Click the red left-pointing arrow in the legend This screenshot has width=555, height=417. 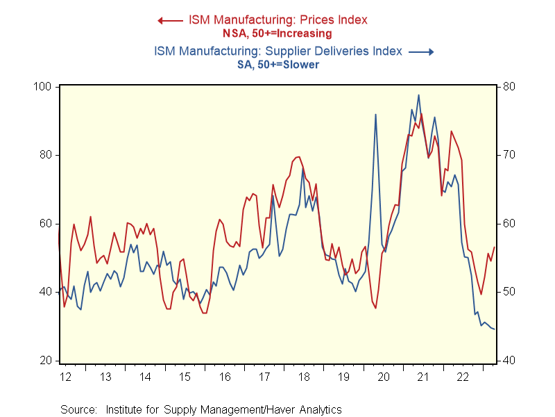pyautogui.click(x=170, y=21)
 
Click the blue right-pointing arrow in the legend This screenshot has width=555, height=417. pyautogui.click(x=421, y=52)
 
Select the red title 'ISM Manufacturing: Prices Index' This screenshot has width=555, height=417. pyautogui.click(x=278, y=20)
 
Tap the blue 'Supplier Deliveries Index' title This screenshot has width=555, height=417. pyautogui.click(x=278, y=51)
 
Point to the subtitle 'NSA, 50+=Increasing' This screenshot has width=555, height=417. pyautogui.click(x=277, y=33)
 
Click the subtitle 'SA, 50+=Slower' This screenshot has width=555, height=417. pyautogui.click(x=278, y=65)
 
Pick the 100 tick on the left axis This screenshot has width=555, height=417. pyautogui.click(x=42, y=87)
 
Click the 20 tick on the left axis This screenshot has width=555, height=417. pyautogui.click(x=45, y=361)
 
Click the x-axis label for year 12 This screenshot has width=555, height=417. pyautogui.click(x=66, y=377)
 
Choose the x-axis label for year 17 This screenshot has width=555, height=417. pyautogui.click(x=264, y=377)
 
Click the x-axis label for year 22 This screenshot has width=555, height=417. pyautogui.click(x=463, y=377)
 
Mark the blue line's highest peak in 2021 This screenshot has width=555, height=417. pyautogui.click(x=418, y=95)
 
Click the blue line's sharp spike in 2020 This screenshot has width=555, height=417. pyautogui.click(x=375, y=115)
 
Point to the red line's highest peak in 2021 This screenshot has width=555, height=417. pyautogui.click(x=421, y=114)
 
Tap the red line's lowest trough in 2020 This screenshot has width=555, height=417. pyautogui.click(x=375, y=308)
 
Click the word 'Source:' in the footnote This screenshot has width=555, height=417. pyautogui.click(x=78, y=410)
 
